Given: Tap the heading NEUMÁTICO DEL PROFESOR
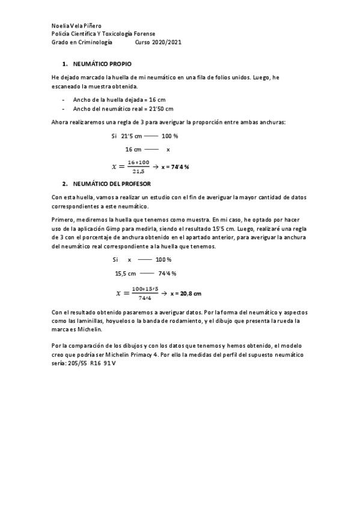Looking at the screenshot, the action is [x=111, y=183].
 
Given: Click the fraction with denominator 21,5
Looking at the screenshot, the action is [x=138, y=167].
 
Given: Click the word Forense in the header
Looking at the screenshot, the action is [x=144, y=35].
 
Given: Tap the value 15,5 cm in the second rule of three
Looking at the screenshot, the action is [x=126, y=273].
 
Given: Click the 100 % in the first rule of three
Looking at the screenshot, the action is [x=169, y=136].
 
